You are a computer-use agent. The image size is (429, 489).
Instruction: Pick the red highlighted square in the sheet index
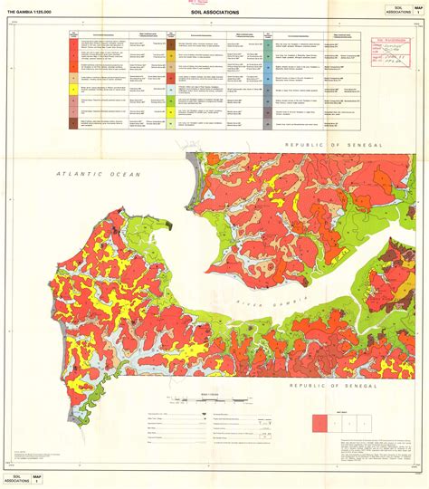click(x=320, y=422)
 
